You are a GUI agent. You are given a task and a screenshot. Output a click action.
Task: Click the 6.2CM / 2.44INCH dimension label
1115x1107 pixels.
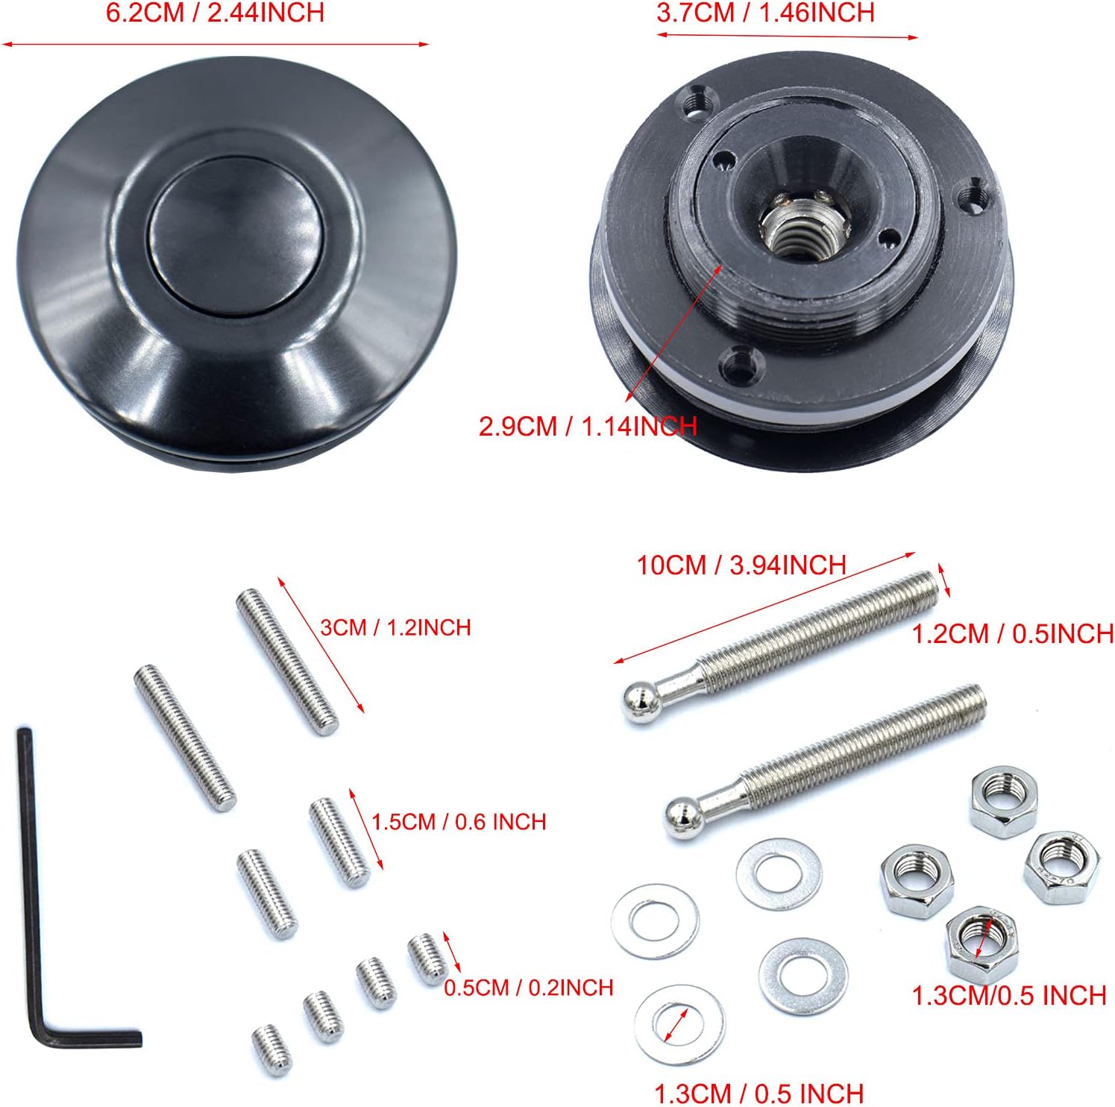[x=215, y=13]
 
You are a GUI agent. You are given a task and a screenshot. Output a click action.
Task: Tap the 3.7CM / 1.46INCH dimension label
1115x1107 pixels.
[x=765, y=13]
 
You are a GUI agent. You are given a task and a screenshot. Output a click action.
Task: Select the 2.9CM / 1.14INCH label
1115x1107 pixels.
[x=588, y=427]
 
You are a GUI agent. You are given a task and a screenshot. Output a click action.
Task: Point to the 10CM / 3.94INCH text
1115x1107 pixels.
[x=741, y=565]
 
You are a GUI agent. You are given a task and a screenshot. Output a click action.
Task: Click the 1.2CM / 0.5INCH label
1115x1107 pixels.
[x=1013, y=634]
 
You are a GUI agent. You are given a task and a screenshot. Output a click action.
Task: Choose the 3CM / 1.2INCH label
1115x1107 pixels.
[x=395, y=627]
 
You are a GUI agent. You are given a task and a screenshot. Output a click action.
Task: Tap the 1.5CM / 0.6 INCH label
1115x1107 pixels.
[x=459, y=822]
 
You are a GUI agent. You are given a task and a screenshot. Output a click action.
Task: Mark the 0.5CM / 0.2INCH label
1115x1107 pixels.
[x=528, y=988]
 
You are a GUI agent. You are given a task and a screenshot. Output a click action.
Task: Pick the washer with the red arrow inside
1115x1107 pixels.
[x=679, y=1023]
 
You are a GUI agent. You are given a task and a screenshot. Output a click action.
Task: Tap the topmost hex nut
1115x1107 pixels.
[x=1003, y=800]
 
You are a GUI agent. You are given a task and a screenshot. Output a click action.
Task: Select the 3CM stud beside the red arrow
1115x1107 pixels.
[x=287, y=661]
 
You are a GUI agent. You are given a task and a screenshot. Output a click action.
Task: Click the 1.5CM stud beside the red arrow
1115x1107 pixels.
[x=339, y=841]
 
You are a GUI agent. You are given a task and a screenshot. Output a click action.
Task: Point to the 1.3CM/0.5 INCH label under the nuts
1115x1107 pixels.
[x=1008, y=996]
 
